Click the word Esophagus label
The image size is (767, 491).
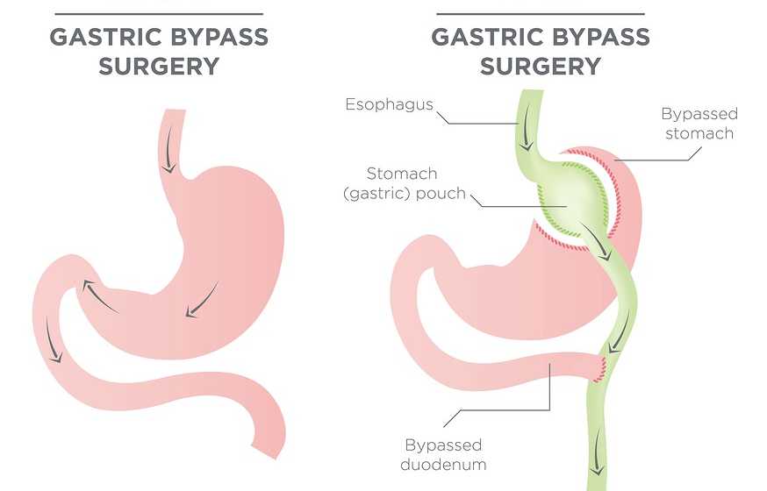coord(389,104)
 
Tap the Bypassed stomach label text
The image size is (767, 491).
coord(699,123)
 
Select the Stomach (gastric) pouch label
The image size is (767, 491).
coord(405,183)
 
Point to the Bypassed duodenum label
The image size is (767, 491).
coord(443,454)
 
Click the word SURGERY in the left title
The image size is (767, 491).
coord(159,67)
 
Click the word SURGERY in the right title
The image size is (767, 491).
coord(541,67)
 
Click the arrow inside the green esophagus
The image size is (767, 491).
coord(527,127)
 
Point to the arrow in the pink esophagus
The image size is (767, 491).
coord(169,152)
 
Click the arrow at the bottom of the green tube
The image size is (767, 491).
coord(597,453)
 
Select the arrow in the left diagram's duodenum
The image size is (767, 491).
coord(52,340)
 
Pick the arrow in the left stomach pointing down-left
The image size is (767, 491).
coord(202,301)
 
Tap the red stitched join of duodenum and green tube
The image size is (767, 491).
coord(599,369)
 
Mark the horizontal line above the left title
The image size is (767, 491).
coord(159,14)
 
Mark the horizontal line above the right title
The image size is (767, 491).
coord(541,14)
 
